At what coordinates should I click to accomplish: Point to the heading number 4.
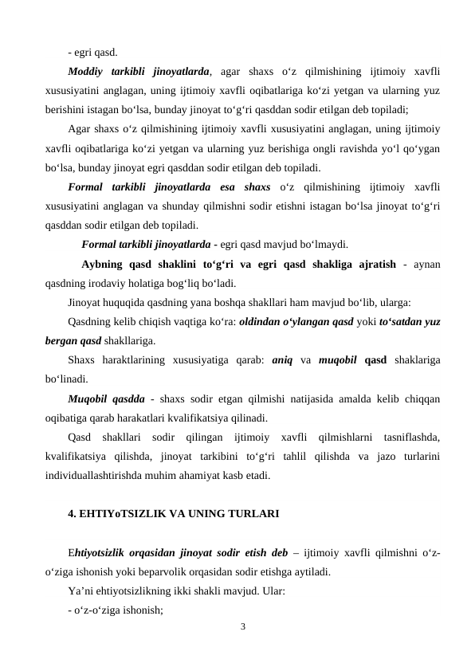pyautogui.click(x=73, y=514)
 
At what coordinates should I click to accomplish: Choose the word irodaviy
pyautogui.click(x=119, y=283)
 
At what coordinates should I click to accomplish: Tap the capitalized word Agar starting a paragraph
pyautogui.click(x=80, y=129)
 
